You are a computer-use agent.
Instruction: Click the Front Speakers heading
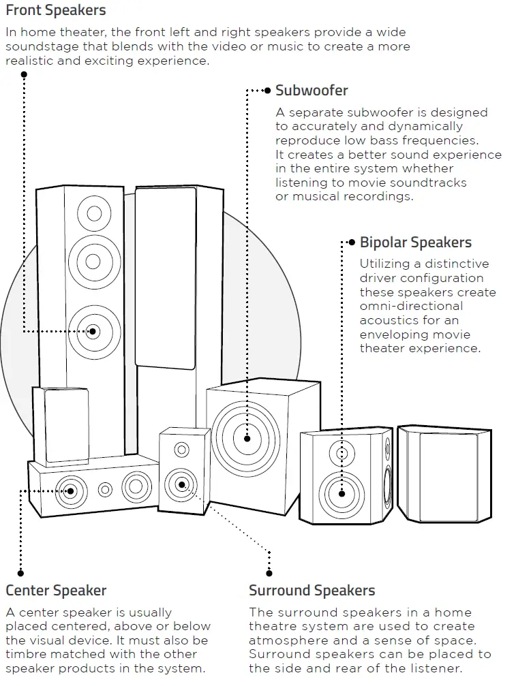(56, 10)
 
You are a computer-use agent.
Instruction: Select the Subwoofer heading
(312, 91)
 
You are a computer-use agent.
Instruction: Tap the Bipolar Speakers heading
(415, 243)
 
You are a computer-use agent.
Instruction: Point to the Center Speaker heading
(56, 590)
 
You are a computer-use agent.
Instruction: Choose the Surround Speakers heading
(312, 590)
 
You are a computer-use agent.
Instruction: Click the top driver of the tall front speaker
(94, 213)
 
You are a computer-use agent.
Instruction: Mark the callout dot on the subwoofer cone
(247, 439)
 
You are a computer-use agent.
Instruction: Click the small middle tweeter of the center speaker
(105, 490)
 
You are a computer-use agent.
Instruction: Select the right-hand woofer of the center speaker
(136, 486)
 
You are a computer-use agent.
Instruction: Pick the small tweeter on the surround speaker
(181, 450)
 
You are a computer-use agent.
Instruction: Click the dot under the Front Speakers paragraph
(24, 75)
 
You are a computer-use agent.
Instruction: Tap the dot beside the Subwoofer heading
(268, 91)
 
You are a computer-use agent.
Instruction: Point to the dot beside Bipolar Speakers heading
(352, 243)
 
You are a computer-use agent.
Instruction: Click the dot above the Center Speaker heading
(20, 573)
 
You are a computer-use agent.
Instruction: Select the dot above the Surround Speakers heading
(269, 573)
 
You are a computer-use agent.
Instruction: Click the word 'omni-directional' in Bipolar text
(411, 306)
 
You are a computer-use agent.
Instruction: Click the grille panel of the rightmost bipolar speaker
(447, 478)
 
